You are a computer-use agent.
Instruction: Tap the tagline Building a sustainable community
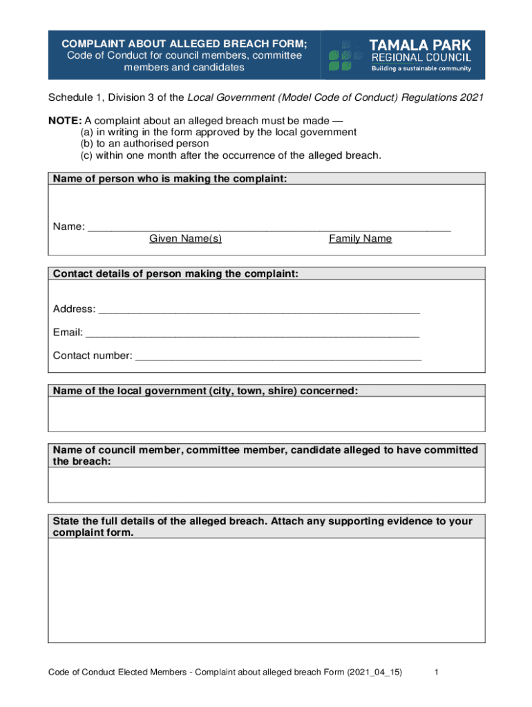pos(421,68)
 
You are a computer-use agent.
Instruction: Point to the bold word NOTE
pos(64,120)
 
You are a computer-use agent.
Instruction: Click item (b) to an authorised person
pos(144,144)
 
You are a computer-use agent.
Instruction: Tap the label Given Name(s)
pos(185,239)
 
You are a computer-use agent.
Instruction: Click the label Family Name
pos(360,239)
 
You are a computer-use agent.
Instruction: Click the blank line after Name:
pos(269,226)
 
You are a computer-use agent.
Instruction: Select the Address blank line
pos(259,309)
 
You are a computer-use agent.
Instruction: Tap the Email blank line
pos(252,333)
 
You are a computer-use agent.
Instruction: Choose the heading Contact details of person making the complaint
pos(175,274)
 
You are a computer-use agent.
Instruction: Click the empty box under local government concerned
pos(266,415)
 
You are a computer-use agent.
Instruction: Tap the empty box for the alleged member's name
pos(266,485)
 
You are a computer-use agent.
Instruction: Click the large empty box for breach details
pos(266,590)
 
